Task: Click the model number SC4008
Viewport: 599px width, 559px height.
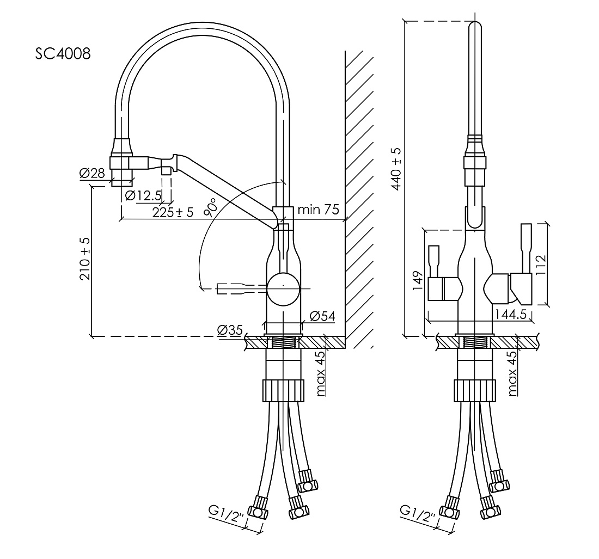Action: click(x=63, y=54)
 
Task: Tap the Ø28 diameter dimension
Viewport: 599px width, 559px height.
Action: click(x=92, y=173)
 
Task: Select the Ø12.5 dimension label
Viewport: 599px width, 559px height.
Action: click(x=143, y=196)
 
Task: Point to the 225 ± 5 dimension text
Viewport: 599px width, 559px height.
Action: click(x=173, y=212)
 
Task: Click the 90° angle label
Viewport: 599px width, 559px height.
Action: click(x=211, y=207)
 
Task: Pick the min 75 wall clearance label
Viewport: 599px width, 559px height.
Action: click(x=318, y=209)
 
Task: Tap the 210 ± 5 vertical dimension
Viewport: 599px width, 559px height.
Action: click(x=85, y=259)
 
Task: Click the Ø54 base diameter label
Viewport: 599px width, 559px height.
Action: click(x=323, y=316)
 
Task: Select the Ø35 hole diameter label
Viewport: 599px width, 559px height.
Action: click(x=230, y=329)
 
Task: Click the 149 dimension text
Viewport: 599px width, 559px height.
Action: click(x=418, y=281)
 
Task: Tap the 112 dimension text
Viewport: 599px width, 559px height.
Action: click(x=541, y=265)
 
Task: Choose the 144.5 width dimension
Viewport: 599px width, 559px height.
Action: click(x=511, y=314)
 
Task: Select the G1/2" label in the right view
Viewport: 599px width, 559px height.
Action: click(x=418, y=514)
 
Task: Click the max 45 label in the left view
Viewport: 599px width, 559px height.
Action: click(x=321, y=373)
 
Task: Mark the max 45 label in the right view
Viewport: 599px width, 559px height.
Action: click(x=512, y=373)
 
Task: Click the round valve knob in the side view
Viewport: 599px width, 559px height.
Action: click(x=283, y=288)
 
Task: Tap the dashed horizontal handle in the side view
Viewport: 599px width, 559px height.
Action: click(x=242, y=288)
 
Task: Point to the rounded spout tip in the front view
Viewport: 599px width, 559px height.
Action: click(x=475, y=29)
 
